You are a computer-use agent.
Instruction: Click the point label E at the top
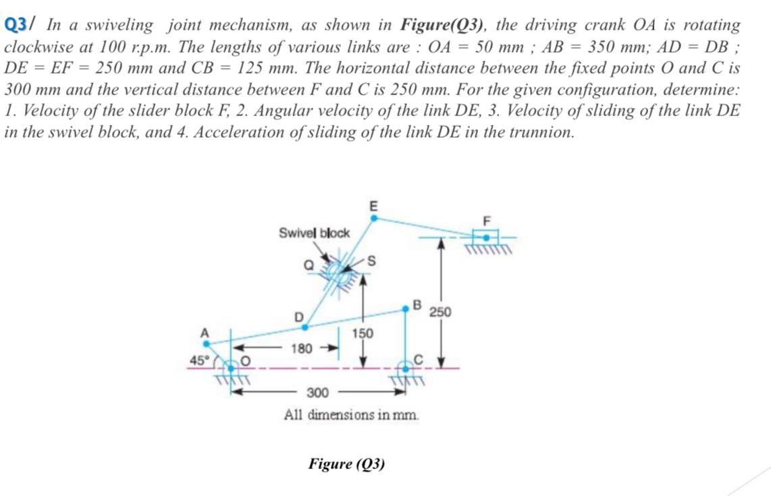coord(373,204)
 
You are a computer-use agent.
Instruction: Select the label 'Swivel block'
coord(314,233)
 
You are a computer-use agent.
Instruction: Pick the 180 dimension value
coord(300,349)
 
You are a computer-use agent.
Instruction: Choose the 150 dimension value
coord(363,333)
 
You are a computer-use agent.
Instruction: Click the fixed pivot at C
coord(406,368)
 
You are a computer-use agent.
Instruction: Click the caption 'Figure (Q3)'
coord(346,464)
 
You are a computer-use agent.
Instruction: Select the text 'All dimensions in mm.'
coord(351,414)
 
